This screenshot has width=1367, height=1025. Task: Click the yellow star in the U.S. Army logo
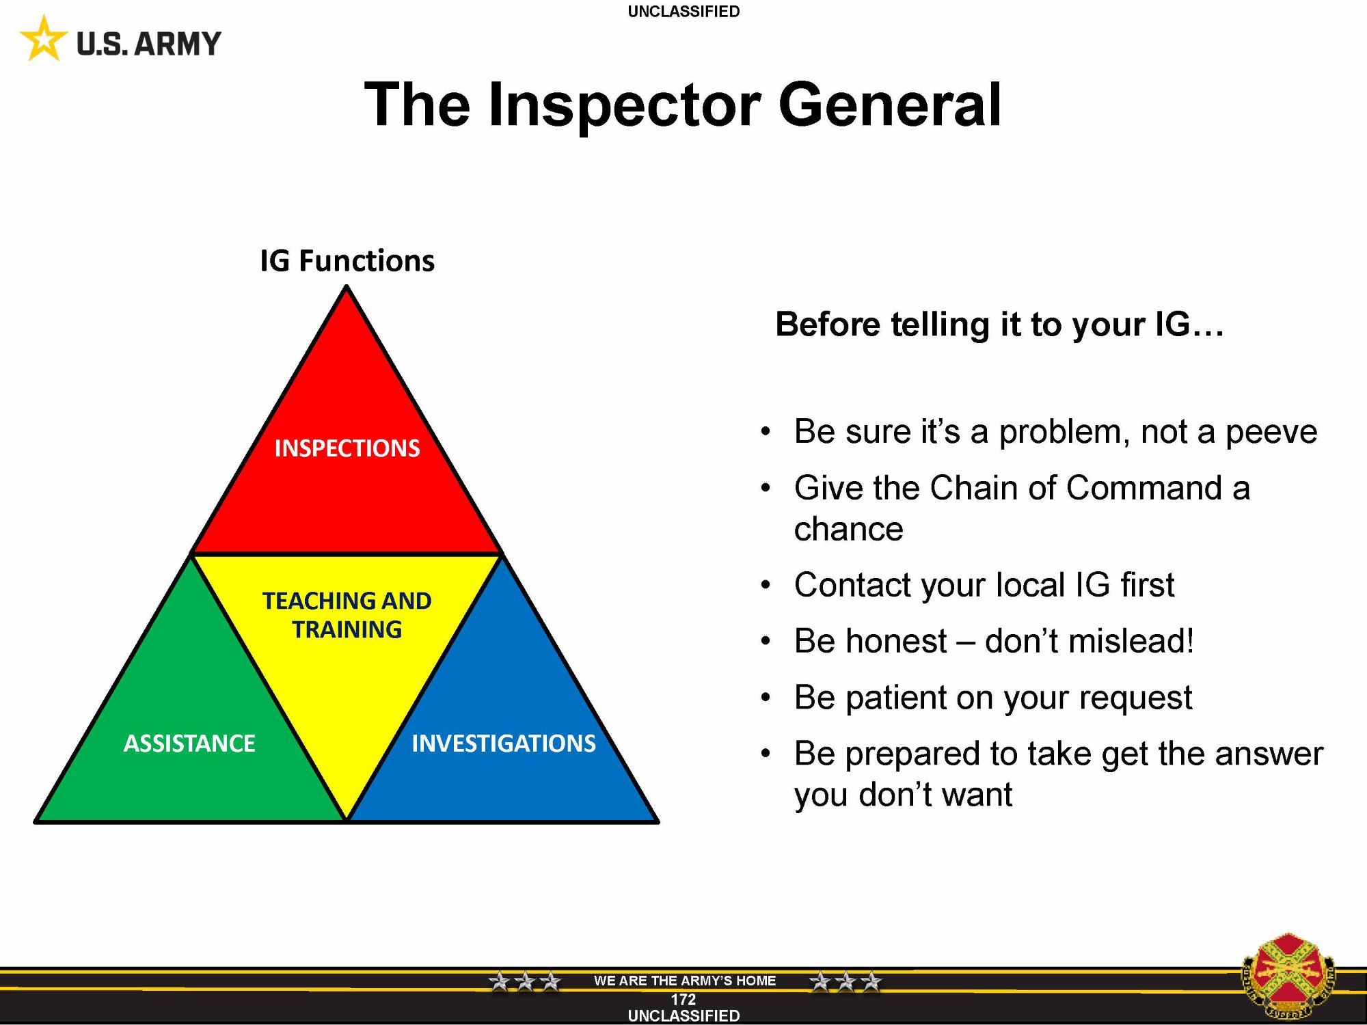click(44, 39)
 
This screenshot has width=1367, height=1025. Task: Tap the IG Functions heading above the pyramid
click(347, 260)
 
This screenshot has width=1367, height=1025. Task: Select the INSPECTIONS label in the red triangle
click(347, 448)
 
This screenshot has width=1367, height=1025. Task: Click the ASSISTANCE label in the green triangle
click(189, 743)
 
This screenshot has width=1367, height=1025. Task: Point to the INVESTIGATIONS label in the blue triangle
click(504, 743)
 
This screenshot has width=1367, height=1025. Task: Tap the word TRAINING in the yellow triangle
click(347, 629)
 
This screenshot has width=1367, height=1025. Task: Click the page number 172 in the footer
click(683, 1000)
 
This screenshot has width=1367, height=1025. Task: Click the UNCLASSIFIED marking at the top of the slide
click(683, 12)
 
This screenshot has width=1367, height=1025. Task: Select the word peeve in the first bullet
click(1271, 433)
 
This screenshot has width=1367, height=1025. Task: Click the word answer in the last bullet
click(1269, 754)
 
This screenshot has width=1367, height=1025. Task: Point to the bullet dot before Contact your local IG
click(766, 586)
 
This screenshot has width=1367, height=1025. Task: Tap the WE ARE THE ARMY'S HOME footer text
click(685, 981)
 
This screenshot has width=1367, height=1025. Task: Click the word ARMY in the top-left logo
click(177, 44)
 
